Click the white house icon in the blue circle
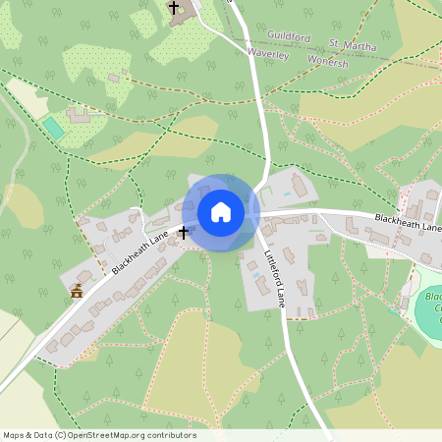221,212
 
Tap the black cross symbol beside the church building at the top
175,8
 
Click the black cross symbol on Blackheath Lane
183,233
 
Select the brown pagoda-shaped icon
77,290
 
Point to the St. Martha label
354,44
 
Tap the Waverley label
267,55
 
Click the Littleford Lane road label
274,271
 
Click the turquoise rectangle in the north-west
53,128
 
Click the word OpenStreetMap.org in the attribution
108,435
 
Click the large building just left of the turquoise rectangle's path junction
78,115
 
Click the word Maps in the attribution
14,435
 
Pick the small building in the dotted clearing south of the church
115,78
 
